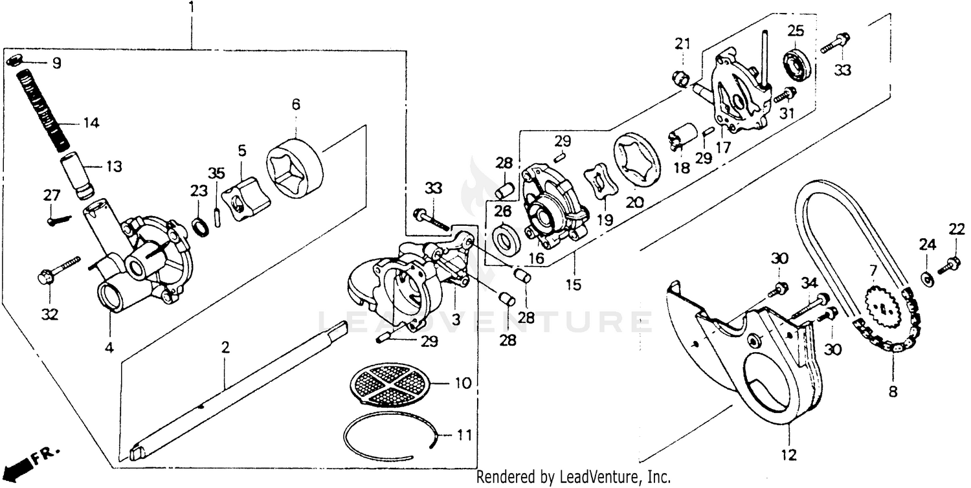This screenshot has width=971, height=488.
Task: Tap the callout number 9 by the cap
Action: pos(57,64)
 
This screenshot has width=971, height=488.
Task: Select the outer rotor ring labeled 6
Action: pos(294,168)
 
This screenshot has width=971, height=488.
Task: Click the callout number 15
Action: pos(572,284)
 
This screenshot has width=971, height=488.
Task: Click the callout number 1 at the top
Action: pos(191,8)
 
